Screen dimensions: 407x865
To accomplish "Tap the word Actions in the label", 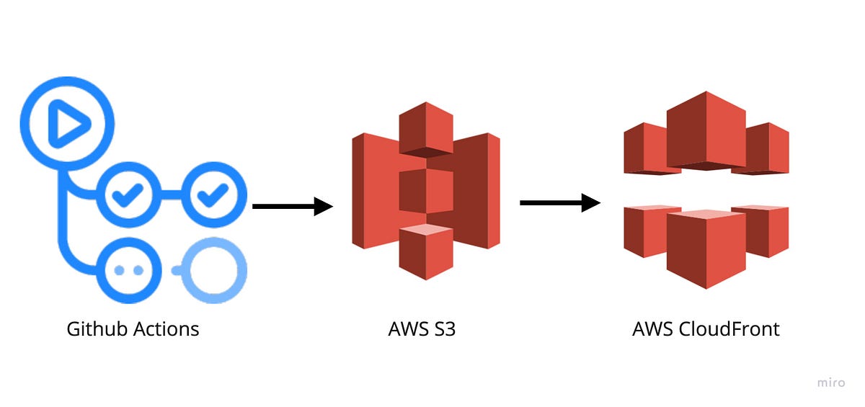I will (166, 330).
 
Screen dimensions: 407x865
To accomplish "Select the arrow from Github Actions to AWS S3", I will (292, 207).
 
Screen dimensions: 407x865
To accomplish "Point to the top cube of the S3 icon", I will (425, 128).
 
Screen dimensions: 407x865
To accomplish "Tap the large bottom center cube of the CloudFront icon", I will (706, 249).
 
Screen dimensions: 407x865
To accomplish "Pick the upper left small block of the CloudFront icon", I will (644, 148).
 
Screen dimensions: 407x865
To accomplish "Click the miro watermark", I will (830, 383).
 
